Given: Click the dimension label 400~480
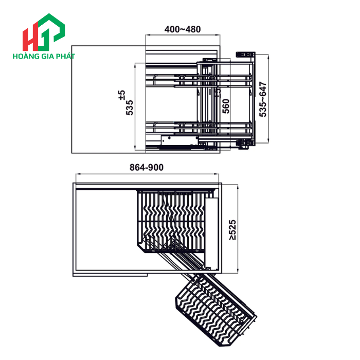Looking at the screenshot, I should point(182,29).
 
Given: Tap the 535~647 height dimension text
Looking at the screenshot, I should point(263,99).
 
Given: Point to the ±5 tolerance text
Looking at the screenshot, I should point(121,95).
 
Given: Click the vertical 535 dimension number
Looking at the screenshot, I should point(130,107).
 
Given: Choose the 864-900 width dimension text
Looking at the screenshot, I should point(146,167).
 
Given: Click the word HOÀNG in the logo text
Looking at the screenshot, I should point(24,56).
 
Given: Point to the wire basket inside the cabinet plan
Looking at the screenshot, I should point(170,221).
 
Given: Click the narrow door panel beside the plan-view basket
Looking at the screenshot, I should point(209,231).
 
